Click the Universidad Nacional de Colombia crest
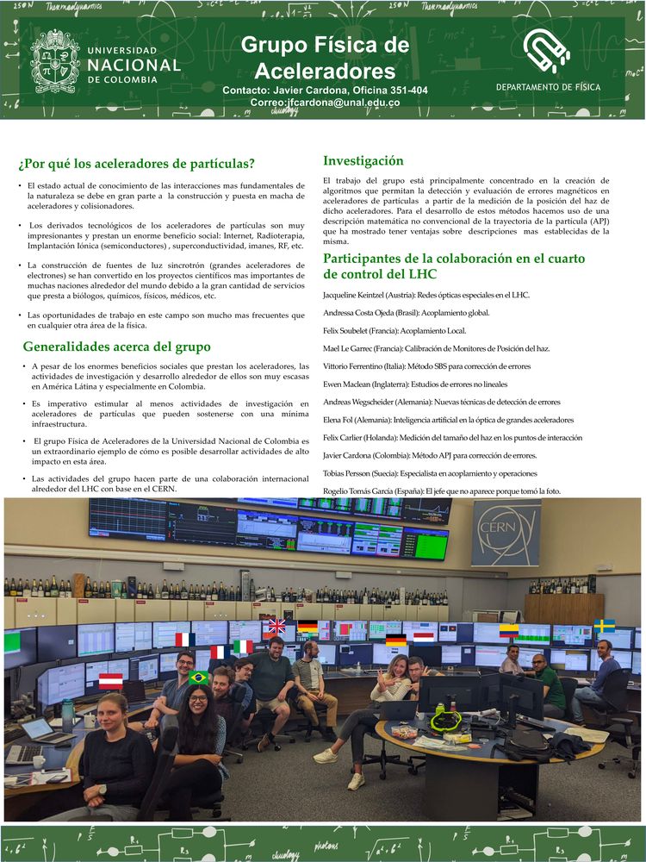[56, 60]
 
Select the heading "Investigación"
[363, 160]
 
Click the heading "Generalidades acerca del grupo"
[116, 347]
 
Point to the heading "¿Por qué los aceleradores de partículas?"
[137, 164]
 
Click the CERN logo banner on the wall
[506, 532]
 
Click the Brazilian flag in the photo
[200, 678]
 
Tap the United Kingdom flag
[276, 625]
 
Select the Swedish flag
[605, 625]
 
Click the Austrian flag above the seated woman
[110, 681]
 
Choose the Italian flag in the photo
[243, 646]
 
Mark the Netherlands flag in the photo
[423, 637]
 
